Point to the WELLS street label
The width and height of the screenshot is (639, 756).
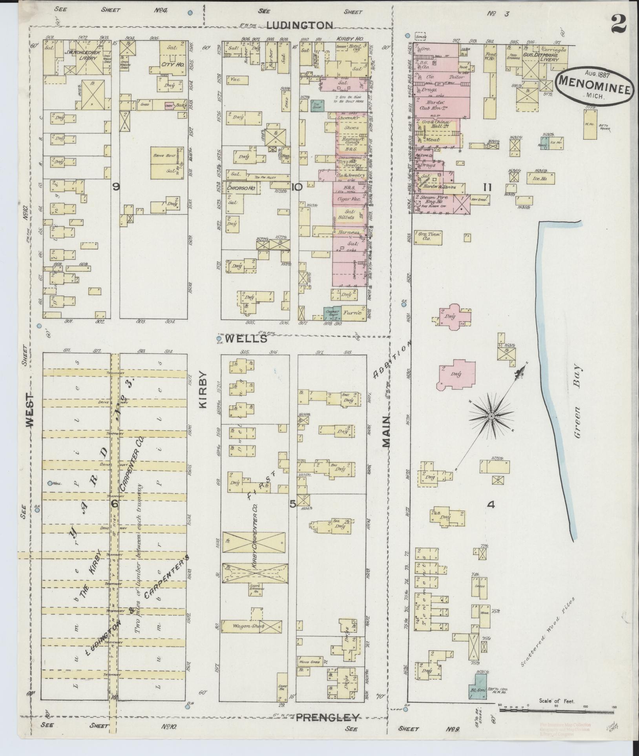(246, 339)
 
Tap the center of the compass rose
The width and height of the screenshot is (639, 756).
(491, 416)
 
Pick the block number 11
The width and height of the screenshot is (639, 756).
(487, 188)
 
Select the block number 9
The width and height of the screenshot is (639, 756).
(116, 188)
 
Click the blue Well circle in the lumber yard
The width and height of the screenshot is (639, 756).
(50, 483)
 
